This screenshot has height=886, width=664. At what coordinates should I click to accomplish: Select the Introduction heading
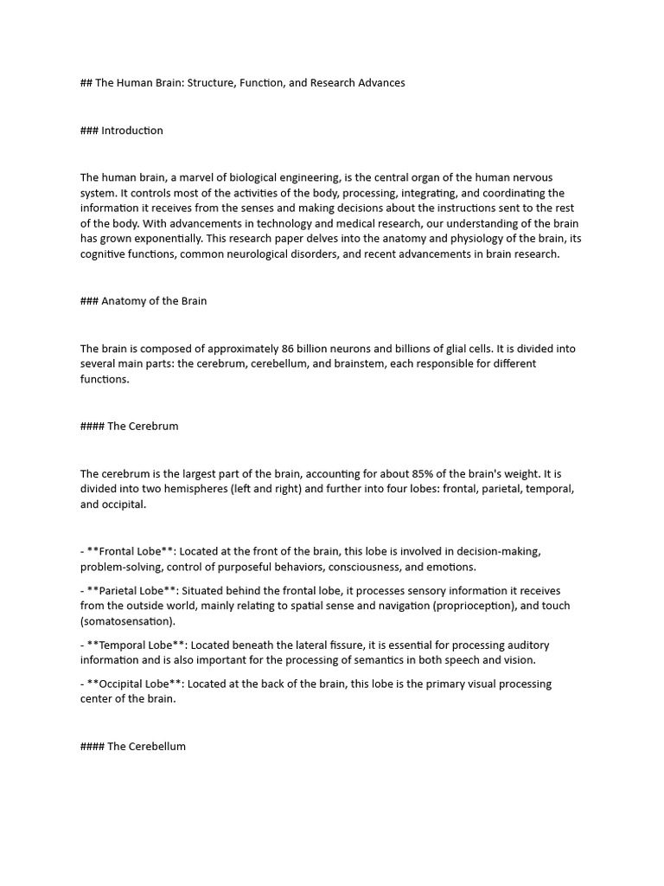(x=131, y=131)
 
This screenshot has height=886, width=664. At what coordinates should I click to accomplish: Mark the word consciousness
(x=368, y=567)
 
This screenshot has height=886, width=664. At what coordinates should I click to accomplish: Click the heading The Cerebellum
(x=146, y=746)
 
